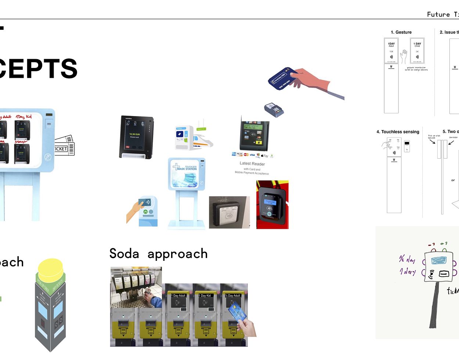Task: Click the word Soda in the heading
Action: [124, 254]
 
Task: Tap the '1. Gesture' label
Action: [401, 32]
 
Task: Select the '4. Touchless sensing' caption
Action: [398, 132]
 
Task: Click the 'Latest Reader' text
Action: [252, 164]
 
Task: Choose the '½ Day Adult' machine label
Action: [233, 296]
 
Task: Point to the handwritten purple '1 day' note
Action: [408, 272]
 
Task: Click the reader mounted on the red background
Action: [272, 204]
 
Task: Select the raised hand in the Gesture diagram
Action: [404, 57]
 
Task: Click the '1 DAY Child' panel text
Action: [417, 45]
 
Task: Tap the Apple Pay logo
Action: [264, 156]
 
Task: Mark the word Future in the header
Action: [438, 14]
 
